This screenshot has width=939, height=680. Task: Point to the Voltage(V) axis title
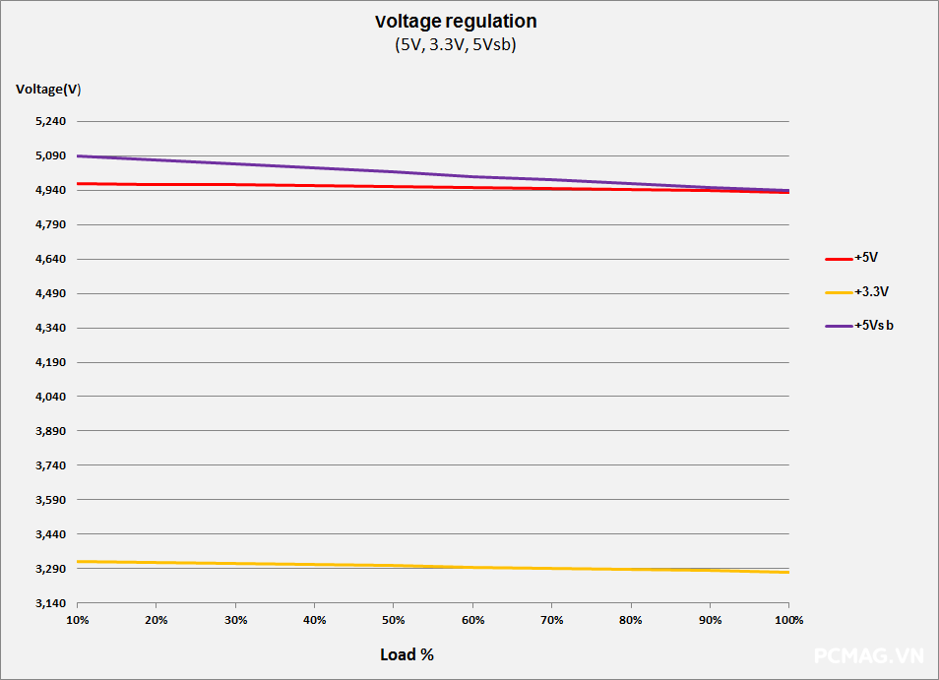(x=48, y=90)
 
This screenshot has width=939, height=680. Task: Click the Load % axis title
(x=407, y=654)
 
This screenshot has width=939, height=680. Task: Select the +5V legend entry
(x=866, y=258)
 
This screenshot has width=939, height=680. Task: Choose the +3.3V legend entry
(x=871, y=292)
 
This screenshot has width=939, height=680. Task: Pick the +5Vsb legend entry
(x=874, y=326)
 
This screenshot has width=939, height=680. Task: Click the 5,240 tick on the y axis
(x=49, y=122)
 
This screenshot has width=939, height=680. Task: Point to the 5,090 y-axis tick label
(x=49, y=156)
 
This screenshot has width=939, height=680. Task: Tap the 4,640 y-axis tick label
(x=49, y=260)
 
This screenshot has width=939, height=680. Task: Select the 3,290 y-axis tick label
(x=49, y=570)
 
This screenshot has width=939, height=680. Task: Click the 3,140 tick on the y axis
(x=49, y=604)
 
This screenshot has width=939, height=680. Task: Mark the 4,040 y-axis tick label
(x=49, y=398)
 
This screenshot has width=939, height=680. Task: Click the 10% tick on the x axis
(x=77, y=621)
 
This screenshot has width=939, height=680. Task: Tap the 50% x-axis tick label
(x=393, y=621)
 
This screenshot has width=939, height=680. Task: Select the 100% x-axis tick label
(x=788, y=621)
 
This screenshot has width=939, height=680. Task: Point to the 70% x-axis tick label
(x=551, y=621)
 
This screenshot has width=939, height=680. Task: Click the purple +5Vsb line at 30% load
(x=235, y=163)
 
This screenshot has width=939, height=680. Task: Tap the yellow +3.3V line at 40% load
(x=314, y=565)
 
